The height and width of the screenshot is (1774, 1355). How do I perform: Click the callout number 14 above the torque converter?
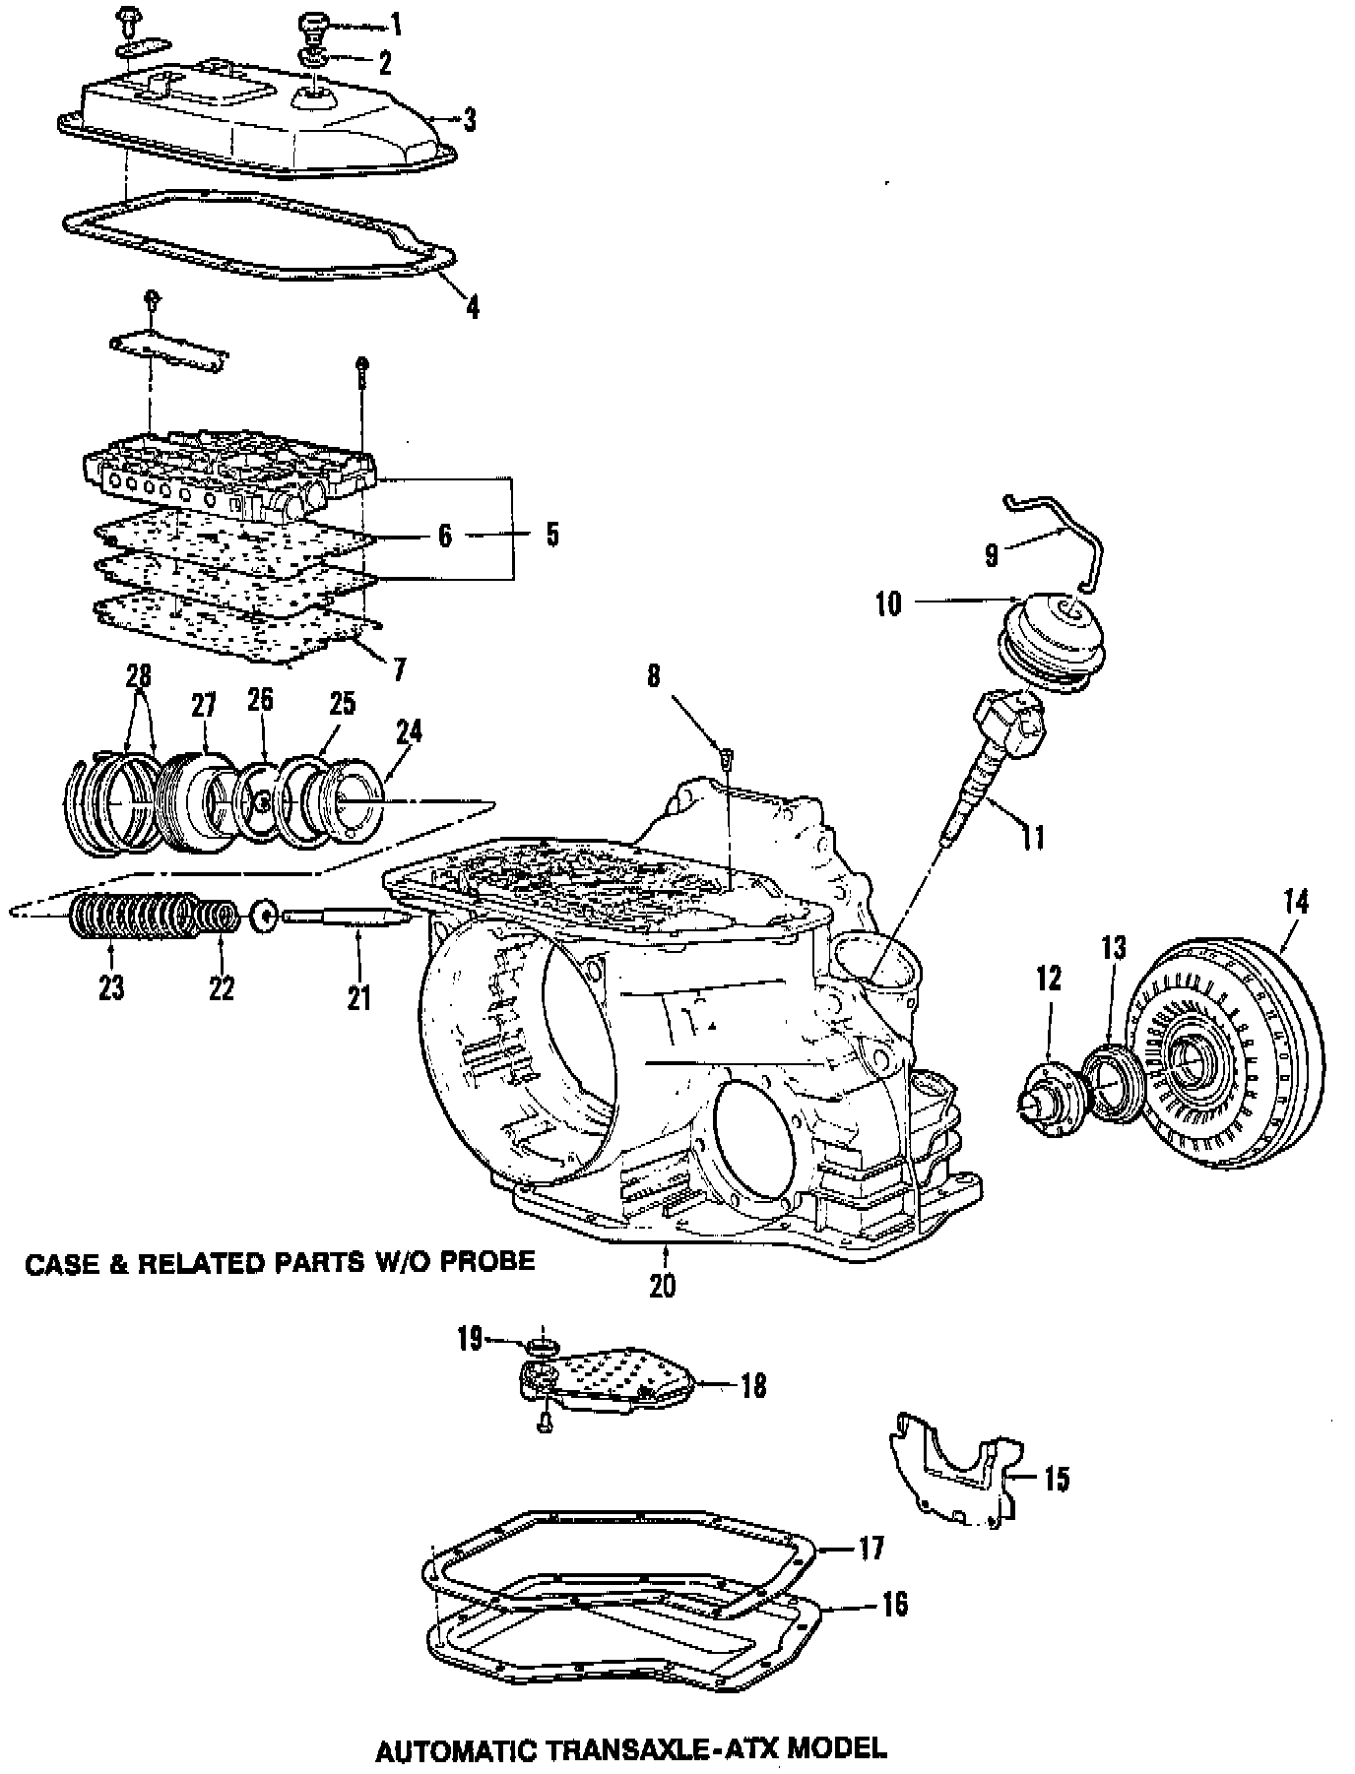1296,903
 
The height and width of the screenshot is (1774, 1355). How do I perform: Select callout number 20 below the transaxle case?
663,1285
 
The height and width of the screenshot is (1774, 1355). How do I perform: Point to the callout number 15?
1056,1479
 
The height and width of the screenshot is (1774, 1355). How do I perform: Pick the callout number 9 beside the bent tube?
992,556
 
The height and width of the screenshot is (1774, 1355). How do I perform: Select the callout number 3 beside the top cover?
470,120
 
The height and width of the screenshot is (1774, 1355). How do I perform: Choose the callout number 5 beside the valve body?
551,535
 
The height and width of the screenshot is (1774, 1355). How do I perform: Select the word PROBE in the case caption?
485,1261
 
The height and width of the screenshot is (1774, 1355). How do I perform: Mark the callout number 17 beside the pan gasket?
871,1549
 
